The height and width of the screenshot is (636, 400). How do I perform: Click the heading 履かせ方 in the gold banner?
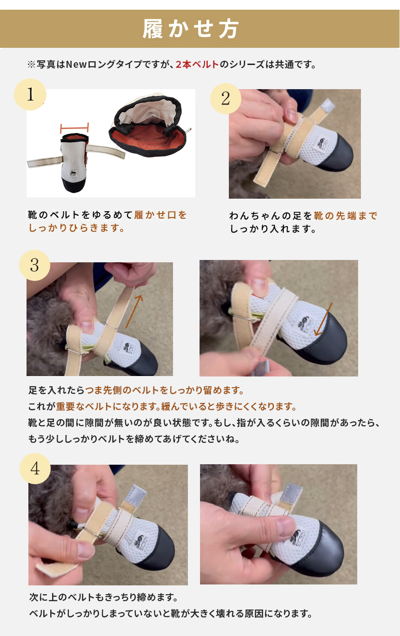point(190,29)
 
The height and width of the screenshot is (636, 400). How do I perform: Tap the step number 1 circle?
point(30,95)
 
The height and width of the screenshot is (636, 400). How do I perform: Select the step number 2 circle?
point(226,98)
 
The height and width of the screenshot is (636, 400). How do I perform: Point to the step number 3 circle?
point(35,266)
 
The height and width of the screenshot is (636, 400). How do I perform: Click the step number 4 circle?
point(35,469)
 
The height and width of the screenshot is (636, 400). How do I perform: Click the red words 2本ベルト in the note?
point(197,65)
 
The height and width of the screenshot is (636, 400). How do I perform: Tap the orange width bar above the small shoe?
point(74,128)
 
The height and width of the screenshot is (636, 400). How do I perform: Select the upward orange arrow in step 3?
point(134,312)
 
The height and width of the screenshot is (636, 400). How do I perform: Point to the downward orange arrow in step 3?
point(323,319)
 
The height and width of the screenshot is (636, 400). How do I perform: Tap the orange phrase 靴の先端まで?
point(346,216)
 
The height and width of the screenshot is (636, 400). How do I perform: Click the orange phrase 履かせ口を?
point(160,215)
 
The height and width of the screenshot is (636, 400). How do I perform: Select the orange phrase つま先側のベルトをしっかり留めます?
point(165,390)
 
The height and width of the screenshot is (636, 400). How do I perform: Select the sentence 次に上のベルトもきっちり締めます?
point(104,597)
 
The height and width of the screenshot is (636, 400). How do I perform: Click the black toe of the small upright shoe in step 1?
point(73,185)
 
